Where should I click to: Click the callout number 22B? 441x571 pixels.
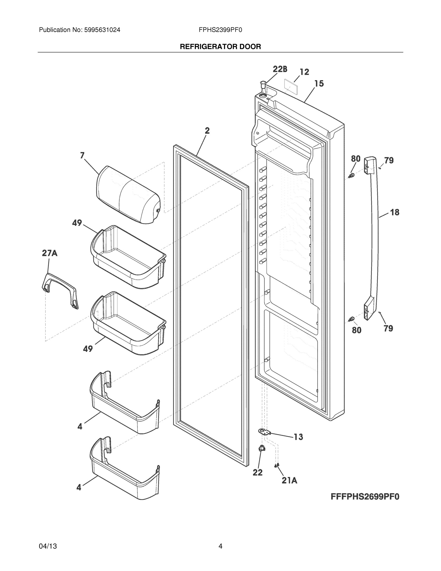tap(280, 69)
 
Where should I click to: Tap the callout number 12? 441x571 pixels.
tap(304, 72)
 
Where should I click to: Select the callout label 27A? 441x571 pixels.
tap(50, 253)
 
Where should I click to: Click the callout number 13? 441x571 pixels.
tap(298, 437)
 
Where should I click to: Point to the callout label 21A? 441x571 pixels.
tap(290, 480)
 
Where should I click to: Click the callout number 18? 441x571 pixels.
tap(395, 212)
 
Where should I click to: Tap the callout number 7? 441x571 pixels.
tap(82, 156)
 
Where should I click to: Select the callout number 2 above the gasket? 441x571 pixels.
tap(207, 130)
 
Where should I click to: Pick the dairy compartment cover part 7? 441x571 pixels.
tap(128, 195)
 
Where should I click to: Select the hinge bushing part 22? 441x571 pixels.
tap(262, 449)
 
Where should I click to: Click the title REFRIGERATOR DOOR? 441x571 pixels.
tap(220, 47)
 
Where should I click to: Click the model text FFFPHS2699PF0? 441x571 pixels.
tap(365, 497)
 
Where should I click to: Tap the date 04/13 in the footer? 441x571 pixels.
tap(48, 546)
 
